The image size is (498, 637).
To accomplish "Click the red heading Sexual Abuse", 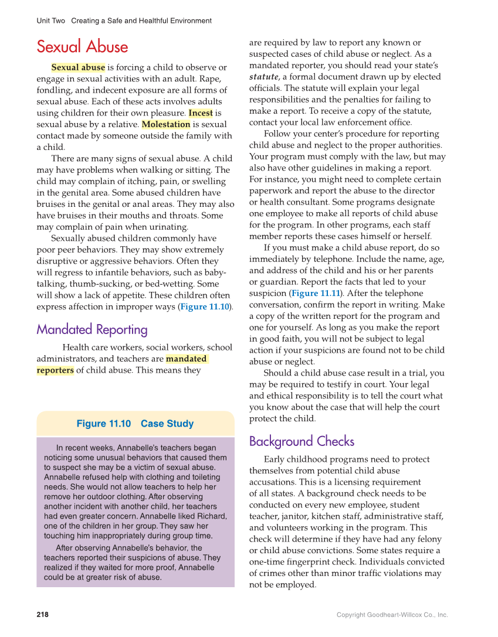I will [82, 46].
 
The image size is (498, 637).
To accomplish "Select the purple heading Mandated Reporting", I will [92, 329].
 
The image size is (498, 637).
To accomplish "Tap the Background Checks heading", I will [301, 441].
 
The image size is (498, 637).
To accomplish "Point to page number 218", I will [43, 615].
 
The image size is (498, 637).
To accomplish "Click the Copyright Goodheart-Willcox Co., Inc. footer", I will [392, 615].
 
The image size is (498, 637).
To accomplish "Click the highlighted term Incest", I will [201, 113].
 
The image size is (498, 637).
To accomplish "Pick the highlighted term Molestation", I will [166, 124].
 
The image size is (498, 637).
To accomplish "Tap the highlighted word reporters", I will [55, 370].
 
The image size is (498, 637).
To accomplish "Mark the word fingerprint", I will [321, 562].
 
